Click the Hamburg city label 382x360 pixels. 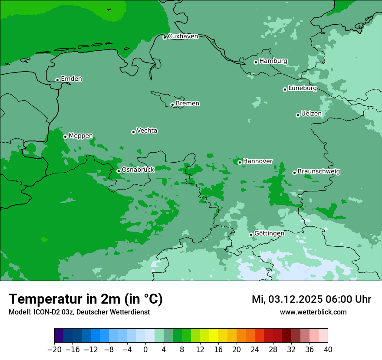pos(273,61)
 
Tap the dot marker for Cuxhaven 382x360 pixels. pos(165,37)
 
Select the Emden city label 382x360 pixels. pos(71,79)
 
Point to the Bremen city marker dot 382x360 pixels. pos(172,105)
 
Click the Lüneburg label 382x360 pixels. pos(302,88)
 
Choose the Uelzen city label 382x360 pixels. pos(311,114)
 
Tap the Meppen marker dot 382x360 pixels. pos(65,137)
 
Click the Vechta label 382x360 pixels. pos(147,131)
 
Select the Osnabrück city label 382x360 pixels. pos(138,170)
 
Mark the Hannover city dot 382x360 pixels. pos(240,162)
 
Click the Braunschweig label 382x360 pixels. pos(319,172)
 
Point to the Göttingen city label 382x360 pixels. pos(269,234)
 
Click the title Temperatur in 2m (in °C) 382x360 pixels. pos(86,299)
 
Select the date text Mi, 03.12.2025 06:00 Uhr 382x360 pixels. pos(311,299)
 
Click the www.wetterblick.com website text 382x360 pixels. pos(313,312)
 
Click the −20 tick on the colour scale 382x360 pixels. pos(54,350)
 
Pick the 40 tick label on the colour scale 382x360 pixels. pos(328,350)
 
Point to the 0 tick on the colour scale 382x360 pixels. pos(145,350)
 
